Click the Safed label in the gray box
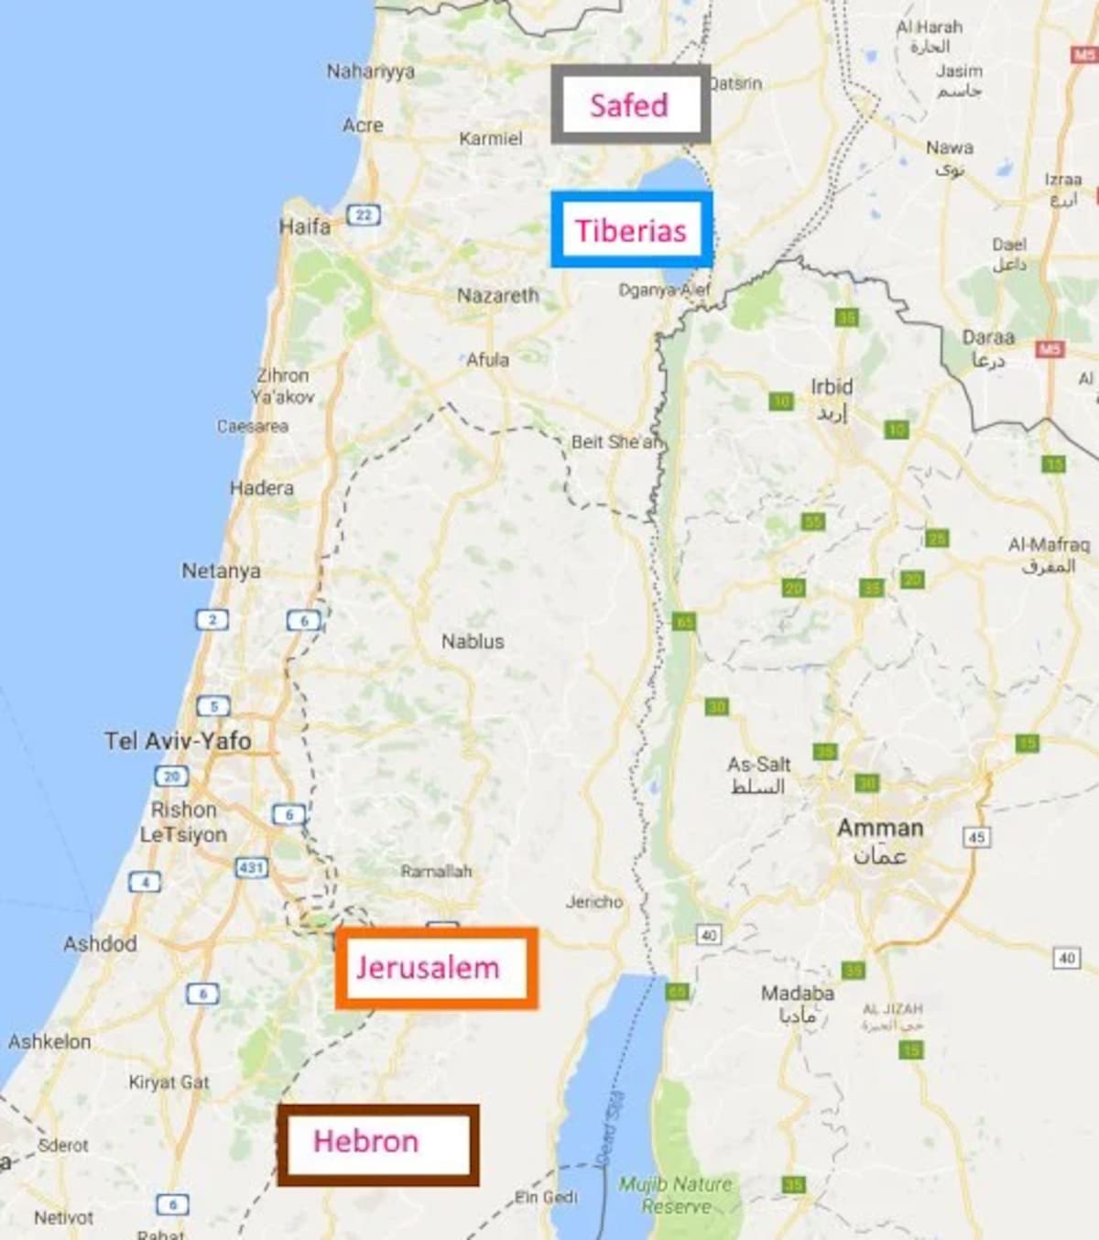629,105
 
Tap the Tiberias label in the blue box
630,230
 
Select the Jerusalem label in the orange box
428,967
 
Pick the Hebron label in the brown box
365,1141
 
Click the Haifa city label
304,226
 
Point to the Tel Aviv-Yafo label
178,740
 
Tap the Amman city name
880,829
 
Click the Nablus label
473,641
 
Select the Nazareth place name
498,296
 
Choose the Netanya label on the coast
221,571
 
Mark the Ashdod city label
100,943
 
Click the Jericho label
593,902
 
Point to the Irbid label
832,387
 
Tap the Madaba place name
797,993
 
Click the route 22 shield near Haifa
363,215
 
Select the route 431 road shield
251,867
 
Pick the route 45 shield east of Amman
976,837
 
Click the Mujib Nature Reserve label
676,1194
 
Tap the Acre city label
363,125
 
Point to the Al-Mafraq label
1049,546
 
